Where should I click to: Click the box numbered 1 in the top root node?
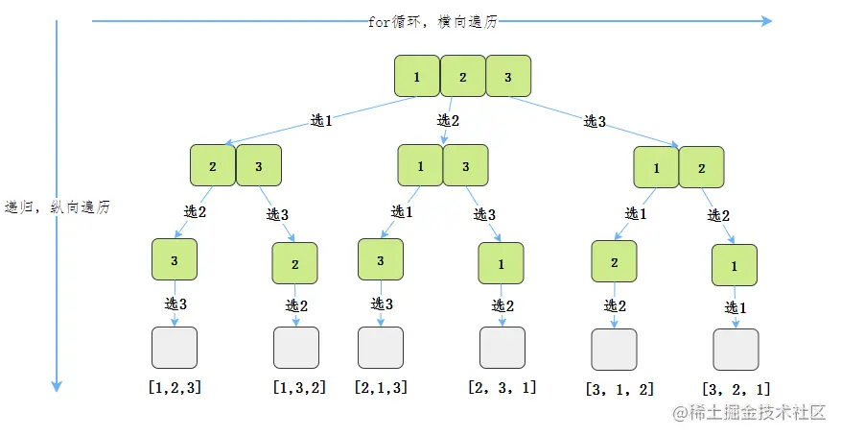(x=417, y=77)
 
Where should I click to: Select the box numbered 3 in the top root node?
(x=508, y=77)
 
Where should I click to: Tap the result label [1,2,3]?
(x=175, y=388)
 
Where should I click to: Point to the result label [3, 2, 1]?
(x=736, y=389)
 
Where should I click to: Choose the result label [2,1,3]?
(x=381, y=388)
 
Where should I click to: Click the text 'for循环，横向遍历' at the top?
(x=433, y=21)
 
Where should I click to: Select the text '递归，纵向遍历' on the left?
(x=58, y=206)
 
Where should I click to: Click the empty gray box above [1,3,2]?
(x=296, y=348)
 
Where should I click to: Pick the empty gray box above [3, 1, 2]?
(x=614, y=350)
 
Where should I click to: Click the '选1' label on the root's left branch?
(x=321, y=121)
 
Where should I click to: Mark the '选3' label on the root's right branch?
(x=595, y=122)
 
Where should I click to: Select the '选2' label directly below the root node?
(x=449, y=120)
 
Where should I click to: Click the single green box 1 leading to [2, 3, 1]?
(x=501, y=265)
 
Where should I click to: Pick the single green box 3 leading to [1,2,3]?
(x=175, y=259)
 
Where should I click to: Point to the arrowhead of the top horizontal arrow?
(x=765, y=20)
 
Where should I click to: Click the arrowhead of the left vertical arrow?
(x=57, y=386)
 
